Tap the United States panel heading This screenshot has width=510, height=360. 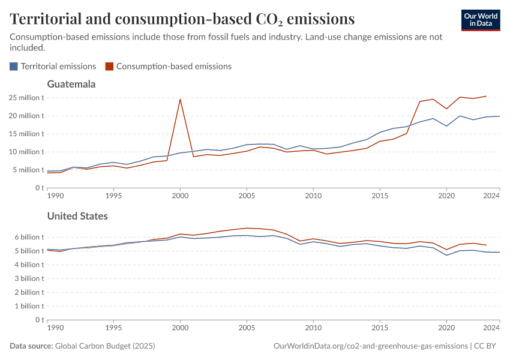(x=77, y=216)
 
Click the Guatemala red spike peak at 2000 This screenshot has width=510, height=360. (x=180, y=99)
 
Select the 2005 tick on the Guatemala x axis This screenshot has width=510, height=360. (x=247, y=196)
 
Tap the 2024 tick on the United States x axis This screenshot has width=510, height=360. (x=491, y=328)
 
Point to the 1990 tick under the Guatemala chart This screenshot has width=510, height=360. (x=55, y=196)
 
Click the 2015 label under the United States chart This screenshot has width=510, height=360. (x=379, y=328)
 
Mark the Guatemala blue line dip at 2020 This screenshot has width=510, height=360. (x=446, y=126)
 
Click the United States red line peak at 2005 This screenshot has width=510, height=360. (x=247, y=228)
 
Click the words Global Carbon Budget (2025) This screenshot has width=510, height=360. (x=104, y=346)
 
